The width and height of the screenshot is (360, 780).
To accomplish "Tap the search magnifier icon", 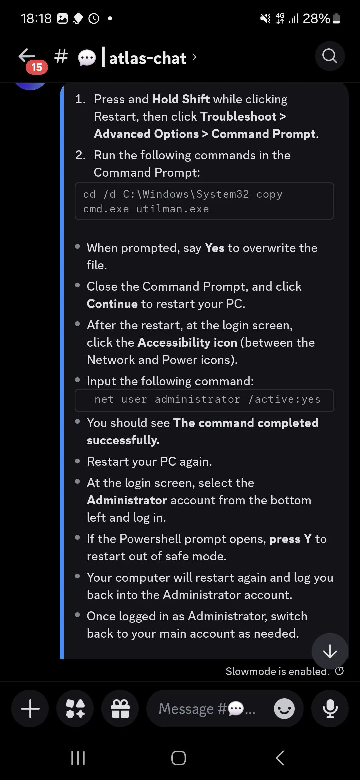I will pyautogui.click(x=330, y=56).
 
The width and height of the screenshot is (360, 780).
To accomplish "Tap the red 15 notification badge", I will pyautogui.click(x=37, y=67).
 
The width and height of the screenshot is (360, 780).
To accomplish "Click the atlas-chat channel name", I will pyautogui.click(x=147, y=58).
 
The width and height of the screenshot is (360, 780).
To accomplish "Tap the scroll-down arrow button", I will pyautogui.click(x=330, y=651).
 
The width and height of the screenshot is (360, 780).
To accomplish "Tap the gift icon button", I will pyautogui.click(x=120, y=708).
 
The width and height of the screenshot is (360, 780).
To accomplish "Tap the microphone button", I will pyautogui.click(x=330, y=708).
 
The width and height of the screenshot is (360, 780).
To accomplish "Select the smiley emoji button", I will pyautogui.click(x=284, y=708).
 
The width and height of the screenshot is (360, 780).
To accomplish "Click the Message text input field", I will pyautogui.click(x=207, y=708).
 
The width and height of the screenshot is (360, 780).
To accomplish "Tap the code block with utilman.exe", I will pyautogui.click(x=204, y=201).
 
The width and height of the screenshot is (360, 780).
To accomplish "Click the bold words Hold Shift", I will pyautogui.click(x=181, y=99).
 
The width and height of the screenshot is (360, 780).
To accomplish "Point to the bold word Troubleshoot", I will pyautogui.click(x=238, y=117).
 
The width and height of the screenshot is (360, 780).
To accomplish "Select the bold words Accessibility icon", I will pyautogui.click(x=187, y=343).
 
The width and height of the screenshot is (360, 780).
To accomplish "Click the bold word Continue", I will pyautogui.click(x=112, y=304).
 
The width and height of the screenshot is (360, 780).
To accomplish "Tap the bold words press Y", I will pyautogui.click(x=290, y=539).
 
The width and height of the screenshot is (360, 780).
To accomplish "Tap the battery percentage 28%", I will pyautogui.click(x=316, y=19).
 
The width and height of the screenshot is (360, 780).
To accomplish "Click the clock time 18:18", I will pyautogui.click(x=36, y=19).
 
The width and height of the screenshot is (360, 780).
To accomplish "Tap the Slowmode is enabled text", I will pyautogui.click(x=277, y=671).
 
